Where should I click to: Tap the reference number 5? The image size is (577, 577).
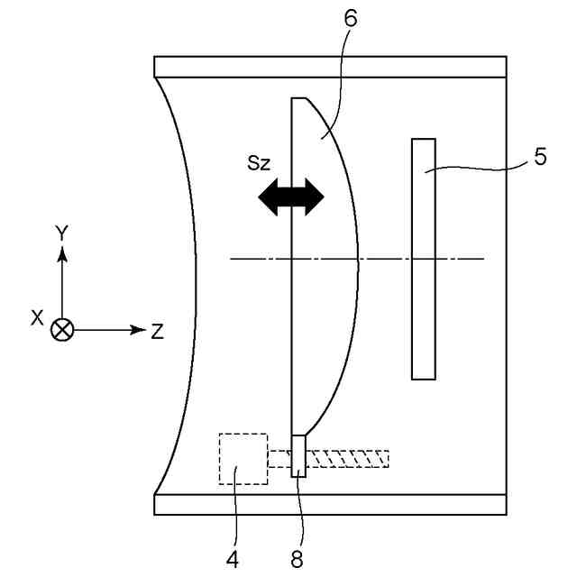(539, 157)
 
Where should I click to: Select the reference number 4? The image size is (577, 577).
(233, 559)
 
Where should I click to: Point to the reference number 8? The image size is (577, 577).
(297, 559)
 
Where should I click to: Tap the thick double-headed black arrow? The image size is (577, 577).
(290, 197)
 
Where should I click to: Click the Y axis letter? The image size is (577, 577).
(61, 234)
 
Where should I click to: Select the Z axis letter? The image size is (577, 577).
(157, 331)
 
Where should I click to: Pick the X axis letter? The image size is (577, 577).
(37, 317)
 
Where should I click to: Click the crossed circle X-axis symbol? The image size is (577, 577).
(62, 330)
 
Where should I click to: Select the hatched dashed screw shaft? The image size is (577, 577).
(348, 459)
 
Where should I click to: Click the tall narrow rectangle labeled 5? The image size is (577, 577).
(423, 258)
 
